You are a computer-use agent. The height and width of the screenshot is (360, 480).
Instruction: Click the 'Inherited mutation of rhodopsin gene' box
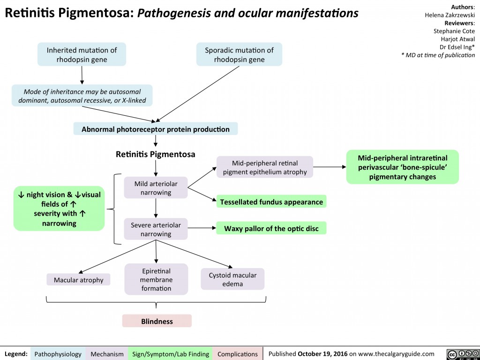[x=82, y=55]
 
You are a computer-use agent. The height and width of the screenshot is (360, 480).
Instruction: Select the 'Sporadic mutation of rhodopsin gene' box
[x=239, y=55]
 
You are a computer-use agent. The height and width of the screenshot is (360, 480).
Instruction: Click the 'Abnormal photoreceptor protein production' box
[x=156, y=129]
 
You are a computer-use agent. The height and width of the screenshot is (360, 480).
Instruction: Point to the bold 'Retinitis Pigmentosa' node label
[x=155, y=154]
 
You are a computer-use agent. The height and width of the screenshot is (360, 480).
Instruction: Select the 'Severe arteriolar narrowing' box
[x=155, y=229]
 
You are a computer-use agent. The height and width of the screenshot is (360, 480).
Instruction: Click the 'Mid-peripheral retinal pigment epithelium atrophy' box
[x=265, y=167]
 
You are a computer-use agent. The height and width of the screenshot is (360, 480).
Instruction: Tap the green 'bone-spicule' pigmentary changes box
[x=402, y=167]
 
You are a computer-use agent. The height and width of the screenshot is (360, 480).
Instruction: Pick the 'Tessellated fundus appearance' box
[x=271, y=202]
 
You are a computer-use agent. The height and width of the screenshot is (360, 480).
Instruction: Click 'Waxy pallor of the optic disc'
[x=271, y=228]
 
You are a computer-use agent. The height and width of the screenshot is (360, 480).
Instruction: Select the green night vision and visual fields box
[x=60, y=209]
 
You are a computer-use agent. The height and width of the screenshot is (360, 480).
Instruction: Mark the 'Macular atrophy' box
[x=78, y=280]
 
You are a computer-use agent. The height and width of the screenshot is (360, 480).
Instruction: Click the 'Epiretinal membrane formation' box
[x=156, y=279]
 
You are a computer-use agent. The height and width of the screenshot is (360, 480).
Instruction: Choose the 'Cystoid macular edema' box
[x=232, y=279]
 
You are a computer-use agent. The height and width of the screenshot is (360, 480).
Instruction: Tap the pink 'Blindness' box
[x=157, y=321]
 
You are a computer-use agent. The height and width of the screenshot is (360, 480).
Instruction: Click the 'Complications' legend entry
[x=238, y=354]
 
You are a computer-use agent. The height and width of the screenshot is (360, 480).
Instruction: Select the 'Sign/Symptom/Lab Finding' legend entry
[x=171, y=354]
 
